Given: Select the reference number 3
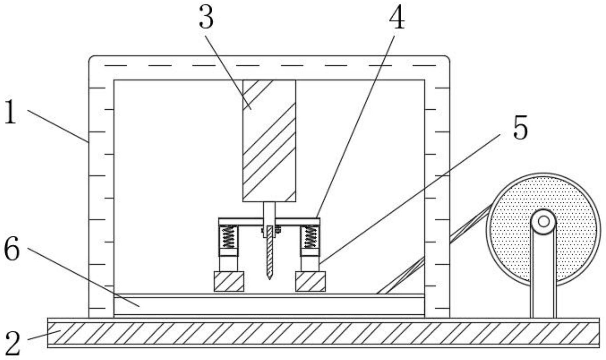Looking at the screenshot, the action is point(206,18).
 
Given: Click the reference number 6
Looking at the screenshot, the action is point(12,250).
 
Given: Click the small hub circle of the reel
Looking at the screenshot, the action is point(543,221).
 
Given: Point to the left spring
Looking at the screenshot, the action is point(228,236).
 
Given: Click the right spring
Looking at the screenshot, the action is point(310,236).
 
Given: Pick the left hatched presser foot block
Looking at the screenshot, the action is point(229,281).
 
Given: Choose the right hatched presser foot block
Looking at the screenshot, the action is point(310,281).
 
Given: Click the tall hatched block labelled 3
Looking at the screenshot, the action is point(269,140).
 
